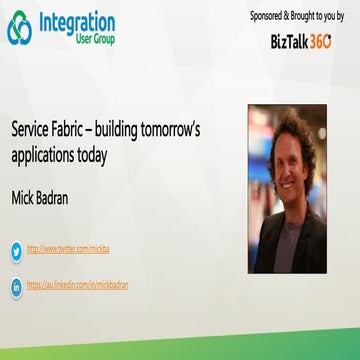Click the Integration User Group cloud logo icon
pos(20,28)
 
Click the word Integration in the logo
pos(76,22)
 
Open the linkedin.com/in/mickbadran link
pos(78,285)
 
